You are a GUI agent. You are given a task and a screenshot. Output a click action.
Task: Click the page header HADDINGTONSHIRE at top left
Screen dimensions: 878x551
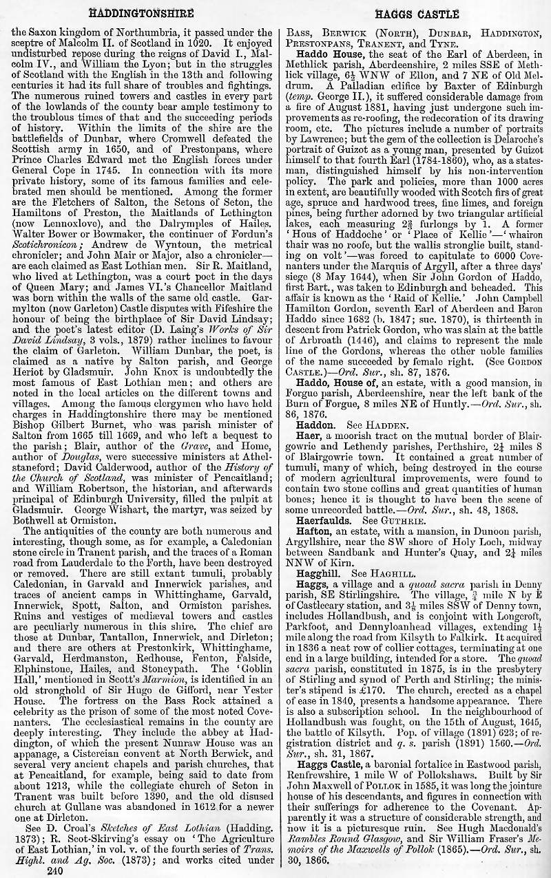142,13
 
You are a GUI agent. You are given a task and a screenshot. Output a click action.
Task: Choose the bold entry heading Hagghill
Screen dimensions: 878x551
319,572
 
